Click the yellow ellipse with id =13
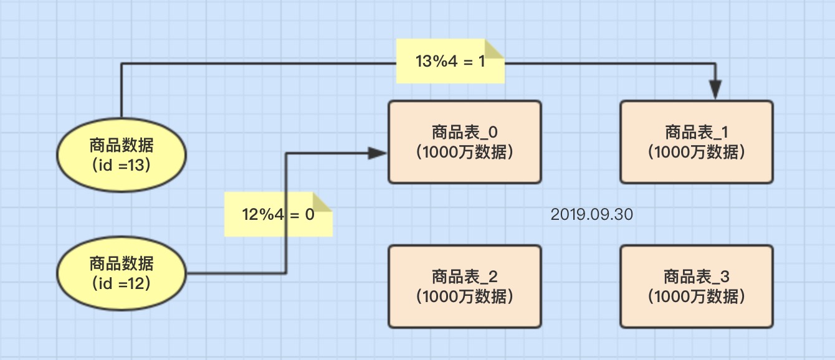122,155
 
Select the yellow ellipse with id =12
122,273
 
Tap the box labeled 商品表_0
464,142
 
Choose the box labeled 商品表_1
697,142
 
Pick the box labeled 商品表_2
464,286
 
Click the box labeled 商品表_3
697,286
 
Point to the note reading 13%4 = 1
450,62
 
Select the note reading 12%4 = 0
278,215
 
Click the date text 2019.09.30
591,215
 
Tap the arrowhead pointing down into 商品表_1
715,90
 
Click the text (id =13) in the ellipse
122,165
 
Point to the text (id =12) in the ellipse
122,284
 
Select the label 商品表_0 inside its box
464,132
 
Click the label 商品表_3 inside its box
697,276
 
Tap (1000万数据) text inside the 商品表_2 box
464,296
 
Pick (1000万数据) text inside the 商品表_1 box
697,152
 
